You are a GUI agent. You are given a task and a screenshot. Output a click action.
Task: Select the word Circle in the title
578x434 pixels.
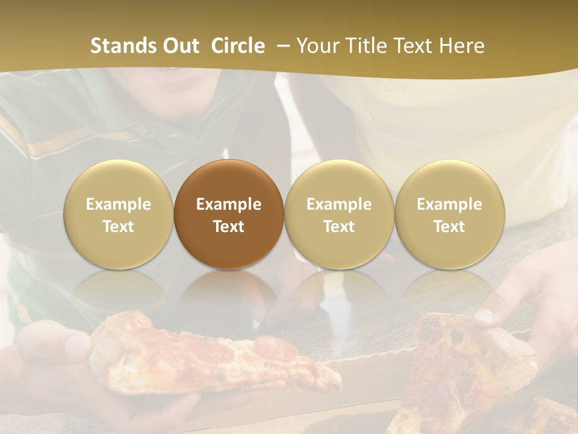pos(238,46)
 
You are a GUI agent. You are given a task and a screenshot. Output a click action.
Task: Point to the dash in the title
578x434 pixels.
pos(284,46)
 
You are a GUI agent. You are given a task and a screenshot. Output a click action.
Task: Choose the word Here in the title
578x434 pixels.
pos(461,46)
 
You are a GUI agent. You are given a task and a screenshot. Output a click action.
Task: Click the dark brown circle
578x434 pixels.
pos(229,215)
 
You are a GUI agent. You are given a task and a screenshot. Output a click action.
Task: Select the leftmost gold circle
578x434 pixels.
pos(119,215)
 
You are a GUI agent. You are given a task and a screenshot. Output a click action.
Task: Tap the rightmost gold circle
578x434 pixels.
pos(449,215)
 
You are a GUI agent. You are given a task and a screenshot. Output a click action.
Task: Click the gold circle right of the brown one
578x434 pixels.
pos(339,215)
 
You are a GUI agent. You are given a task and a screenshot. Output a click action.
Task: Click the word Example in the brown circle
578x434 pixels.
pos(229,204)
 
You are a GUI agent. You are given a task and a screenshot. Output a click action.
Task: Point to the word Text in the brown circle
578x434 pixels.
pos(229,227)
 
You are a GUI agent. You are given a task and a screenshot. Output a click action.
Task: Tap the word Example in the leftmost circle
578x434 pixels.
pos(119,204)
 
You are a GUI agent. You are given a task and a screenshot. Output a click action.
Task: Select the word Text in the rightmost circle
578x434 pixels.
pos(449,227)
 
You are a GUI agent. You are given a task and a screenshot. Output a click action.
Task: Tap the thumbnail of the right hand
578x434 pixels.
pos(485,315)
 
